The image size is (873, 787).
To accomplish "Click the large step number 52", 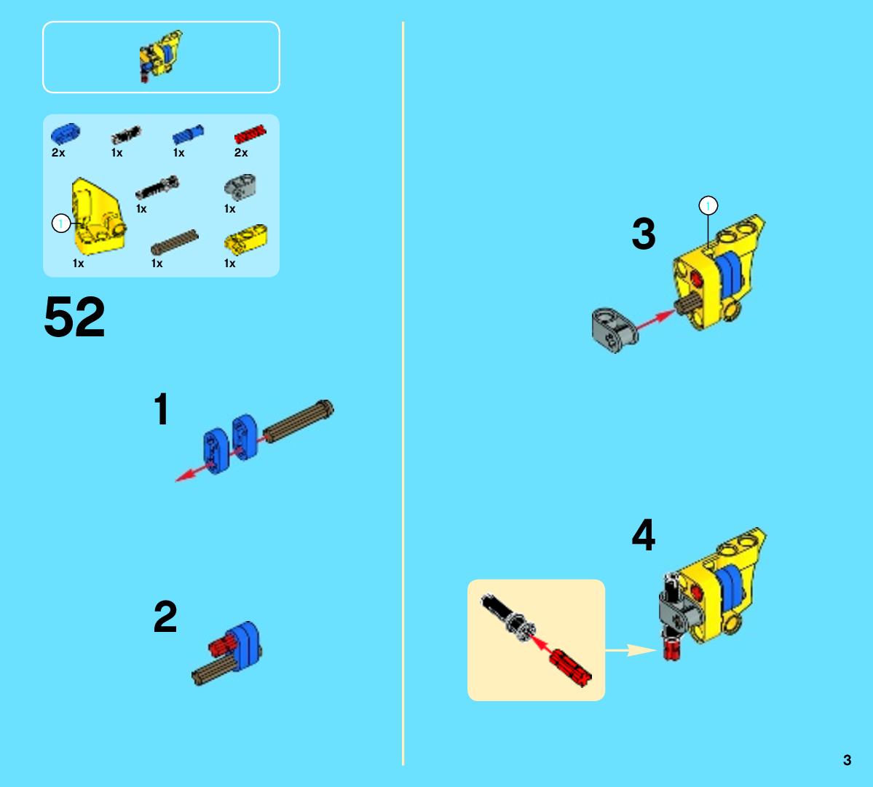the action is [x=74, y=317].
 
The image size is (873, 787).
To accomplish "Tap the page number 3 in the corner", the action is [x=847, y=760].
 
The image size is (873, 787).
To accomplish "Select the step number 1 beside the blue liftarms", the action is [x=162, y=409].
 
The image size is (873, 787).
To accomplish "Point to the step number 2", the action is [x=165, y=617].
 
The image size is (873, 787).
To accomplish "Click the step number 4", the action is [x=644, y=535].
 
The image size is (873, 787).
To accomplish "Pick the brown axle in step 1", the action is [x=299, y=421].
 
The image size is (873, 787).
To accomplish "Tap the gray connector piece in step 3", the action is [x=614, y=330].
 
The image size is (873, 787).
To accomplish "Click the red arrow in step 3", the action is [x=655, y=320].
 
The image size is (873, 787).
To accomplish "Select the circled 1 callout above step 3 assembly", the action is [x=708, y=205].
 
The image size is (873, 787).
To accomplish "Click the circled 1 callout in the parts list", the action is [x=60, y=224].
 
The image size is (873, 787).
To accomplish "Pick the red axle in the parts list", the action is [x=250, y=134].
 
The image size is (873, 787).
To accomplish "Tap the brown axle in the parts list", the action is [x=175, y=242].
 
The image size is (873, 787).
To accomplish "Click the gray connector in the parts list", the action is [x=240, y=187].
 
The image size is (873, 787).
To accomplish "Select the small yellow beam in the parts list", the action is [x=245, y=237].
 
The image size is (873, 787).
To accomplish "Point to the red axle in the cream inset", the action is [x=570, y=668].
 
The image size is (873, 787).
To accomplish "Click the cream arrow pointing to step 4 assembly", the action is [x=631, y=649].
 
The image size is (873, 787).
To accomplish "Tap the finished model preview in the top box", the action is [x=160, y=55].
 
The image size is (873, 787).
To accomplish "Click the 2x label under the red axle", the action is [x=241, y=152].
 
